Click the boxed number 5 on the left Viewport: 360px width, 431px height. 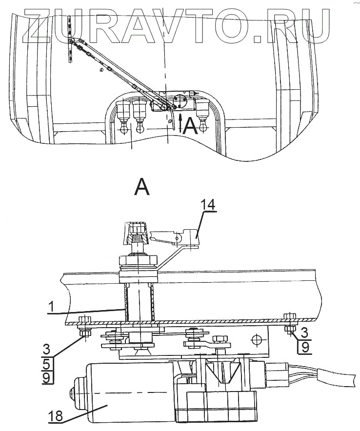[x=46, y=363]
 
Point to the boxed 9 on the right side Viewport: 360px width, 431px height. [x=304, y=348]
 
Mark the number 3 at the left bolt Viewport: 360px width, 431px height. [x=46, y=349]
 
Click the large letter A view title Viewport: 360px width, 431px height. [x=142, y=186]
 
